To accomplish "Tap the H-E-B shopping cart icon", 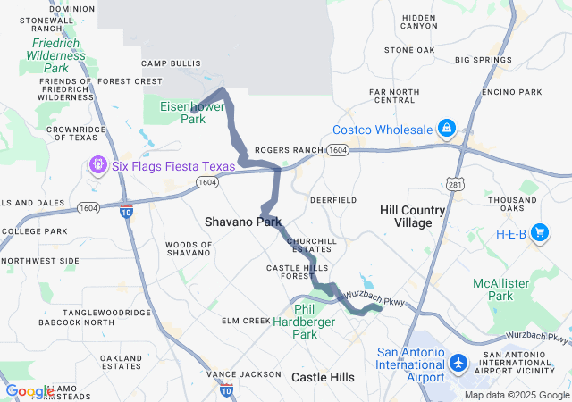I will pos(540,234).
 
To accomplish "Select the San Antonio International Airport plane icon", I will pos(458,363).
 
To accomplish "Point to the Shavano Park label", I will pos(242,222).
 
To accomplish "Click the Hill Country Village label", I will pos(412,215).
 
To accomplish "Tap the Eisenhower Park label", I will pos(189,112).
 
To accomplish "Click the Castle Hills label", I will pos(328,378).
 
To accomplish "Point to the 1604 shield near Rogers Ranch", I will pos(337,151).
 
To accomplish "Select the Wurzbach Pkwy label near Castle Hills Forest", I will pos(383,298).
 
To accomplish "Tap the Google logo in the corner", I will pos(29,391).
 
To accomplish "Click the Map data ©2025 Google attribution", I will pos(516,395).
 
